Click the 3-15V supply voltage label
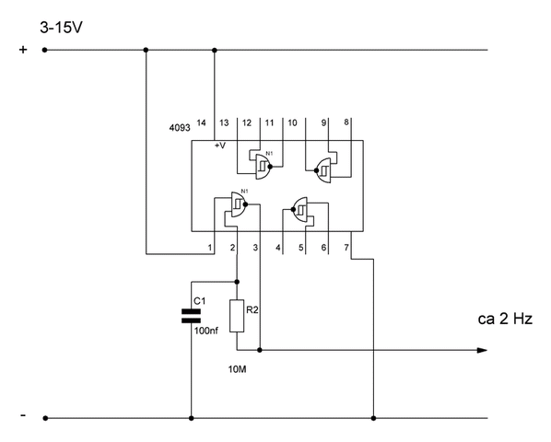coord(61,28)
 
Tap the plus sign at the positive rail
coord(23,50)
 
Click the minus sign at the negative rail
coord(23,415)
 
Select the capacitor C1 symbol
coord(191,316)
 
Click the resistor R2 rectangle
coord(237,316)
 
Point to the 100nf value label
coord(206,331)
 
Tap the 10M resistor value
coord(237,369)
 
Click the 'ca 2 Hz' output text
coord(505,319)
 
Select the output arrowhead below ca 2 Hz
coord(482,350)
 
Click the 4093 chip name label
coord(180,128)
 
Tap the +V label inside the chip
coord(220,145)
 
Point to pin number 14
coord(201,122)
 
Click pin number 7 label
coord(346,248)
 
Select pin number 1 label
coord(210,248)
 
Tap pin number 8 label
coord(346,122)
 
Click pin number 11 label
coord(270,122)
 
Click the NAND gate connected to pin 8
coord(322,170)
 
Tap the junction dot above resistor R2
coord(237,282)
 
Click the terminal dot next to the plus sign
coord(44,51)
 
